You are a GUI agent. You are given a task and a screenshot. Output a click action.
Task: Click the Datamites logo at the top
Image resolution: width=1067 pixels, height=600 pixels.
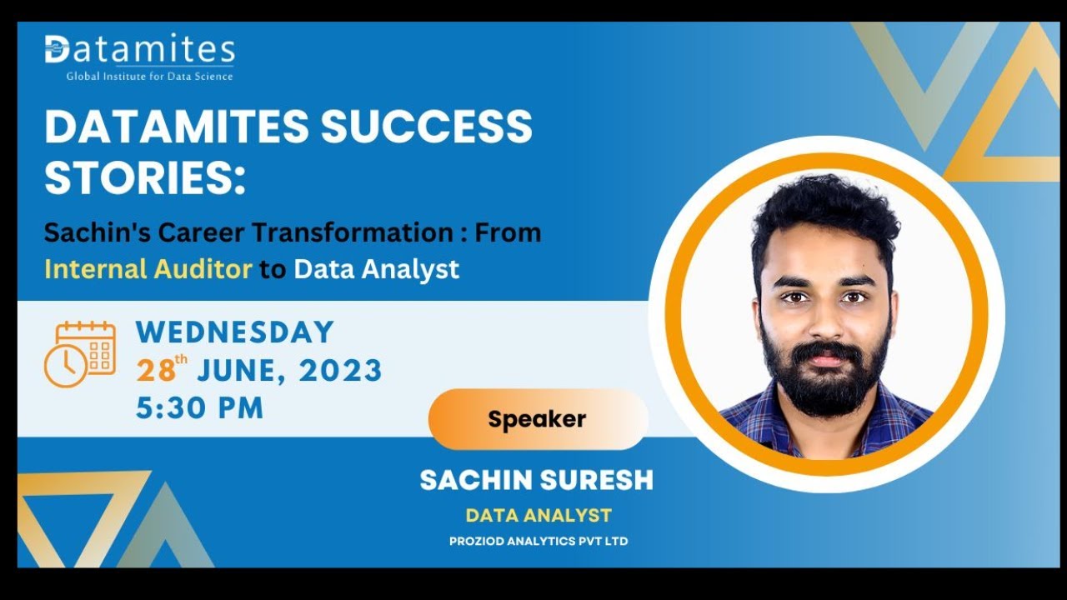(139, 50)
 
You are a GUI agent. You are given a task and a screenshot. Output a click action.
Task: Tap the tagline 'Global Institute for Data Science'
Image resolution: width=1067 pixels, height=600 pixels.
(150, 77)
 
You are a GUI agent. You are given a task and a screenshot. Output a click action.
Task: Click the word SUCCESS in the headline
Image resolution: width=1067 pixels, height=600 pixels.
(426, 127)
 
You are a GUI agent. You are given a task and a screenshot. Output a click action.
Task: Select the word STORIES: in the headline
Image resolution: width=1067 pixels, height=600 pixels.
(145, 178)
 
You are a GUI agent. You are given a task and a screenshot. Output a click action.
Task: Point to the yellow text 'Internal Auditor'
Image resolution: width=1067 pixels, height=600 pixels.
(148, 269)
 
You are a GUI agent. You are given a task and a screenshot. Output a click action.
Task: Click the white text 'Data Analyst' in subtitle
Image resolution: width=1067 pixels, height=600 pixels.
(376, 269)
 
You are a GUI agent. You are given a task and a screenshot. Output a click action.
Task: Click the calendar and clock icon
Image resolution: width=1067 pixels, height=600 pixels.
(79, 354)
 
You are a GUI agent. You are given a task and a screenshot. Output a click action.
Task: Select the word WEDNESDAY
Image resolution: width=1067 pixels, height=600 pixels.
(234, 332)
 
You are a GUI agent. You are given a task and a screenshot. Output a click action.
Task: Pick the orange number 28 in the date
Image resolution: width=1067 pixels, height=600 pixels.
(155, 371)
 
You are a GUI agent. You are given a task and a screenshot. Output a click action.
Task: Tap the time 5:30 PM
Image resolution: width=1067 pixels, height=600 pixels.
(200, 407)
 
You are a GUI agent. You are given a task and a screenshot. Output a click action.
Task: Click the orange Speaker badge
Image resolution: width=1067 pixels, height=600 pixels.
(538, 419)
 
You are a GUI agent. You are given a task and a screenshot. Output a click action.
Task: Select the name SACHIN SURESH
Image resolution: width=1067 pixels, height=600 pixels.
(536, 480)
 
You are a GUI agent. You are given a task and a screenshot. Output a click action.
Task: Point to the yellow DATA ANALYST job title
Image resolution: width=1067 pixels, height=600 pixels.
(539, 516)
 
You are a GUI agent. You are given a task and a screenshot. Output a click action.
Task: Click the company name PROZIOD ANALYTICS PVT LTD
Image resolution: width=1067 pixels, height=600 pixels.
(539, 542)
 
